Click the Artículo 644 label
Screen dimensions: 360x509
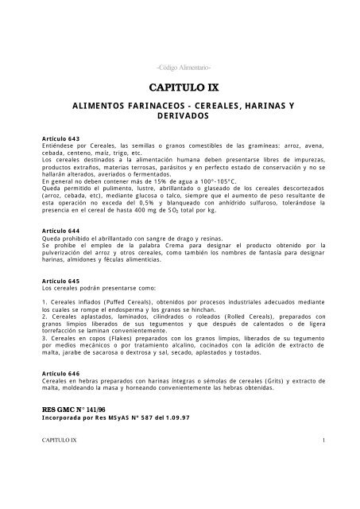pos(66,253)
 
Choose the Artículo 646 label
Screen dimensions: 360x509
pos(66,394)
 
